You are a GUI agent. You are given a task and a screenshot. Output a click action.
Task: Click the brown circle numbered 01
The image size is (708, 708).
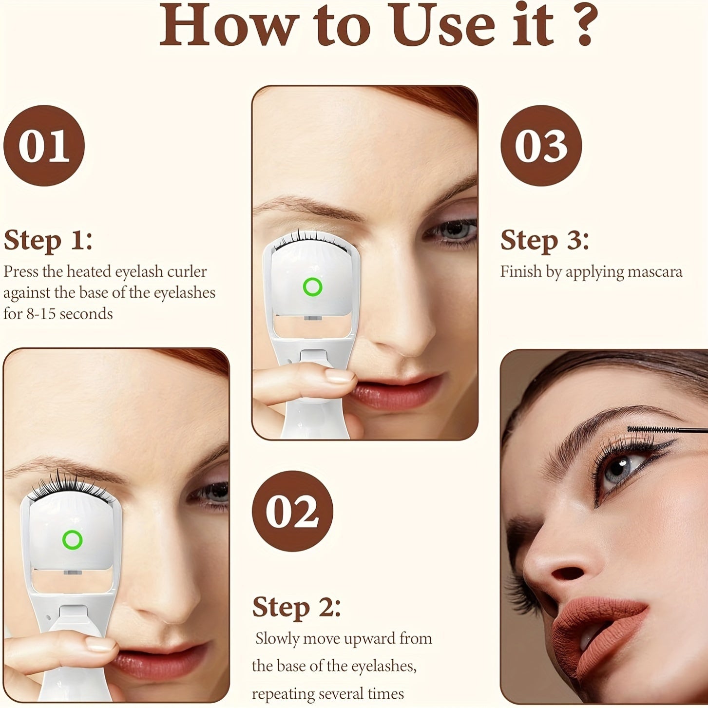click(44, 146)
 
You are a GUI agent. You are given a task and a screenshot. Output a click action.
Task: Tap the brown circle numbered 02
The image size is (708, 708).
click(292, 511)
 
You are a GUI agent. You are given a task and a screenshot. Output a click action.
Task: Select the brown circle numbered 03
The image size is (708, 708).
click(541, 146)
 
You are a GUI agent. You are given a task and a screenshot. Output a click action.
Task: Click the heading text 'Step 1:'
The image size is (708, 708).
click(48, 240)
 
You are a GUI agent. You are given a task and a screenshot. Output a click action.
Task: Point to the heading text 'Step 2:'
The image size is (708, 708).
click(296, 607)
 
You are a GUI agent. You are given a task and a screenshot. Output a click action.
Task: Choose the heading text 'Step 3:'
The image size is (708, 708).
click(544, 240)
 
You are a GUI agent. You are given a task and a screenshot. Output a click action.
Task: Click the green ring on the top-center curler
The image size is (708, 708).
click(312, 287)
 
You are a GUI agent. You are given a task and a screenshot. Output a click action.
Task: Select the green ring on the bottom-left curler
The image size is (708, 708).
click(73, 539)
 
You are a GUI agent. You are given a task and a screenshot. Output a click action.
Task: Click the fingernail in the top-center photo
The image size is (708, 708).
click(340, 375)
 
